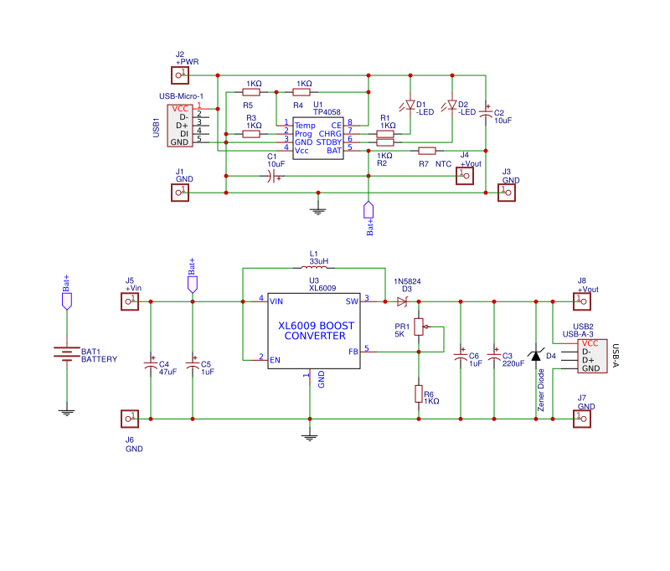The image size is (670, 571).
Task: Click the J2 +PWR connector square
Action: pyautogui.click(x=179, y=75)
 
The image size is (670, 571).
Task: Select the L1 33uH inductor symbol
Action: pyautogui.click(x=313, y=268)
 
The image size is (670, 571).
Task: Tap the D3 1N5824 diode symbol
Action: pyautogui.click(x=402, y=301)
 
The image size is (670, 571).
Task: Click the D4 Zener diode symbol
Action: pyautogui.click(x=536, y=357)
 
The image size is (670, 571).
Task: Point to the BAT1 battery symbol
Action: pyautogui.click(x=67, y=352)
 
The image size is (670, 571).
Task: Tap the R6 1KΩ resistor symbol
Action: pyautogui.click(x=419, y=394)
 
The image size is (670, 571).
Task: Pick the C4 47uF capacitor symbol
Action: pyautogui.click(x=151, y=365)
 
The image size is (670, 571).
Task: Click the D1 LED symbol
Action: pyautogui.click(x=410, y=105)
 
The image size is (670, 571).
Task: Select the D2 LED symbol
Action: pyautogui.click(x=452, y=105)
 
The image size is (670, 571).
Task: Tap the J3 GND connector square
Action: pyautogui.click(x=506, y=193)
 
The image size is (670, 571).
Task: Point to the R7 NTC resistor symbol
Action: pyautogui.click(x=427, y=151)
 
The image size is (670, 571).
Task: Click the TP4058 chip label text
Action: pyautogui.click(x=327, y=111)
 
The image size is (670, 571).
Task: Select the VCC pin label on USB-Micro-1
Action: pyautogui.click(x=180, y=109)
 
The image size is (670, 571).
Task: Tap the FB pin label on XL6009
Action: pyautogui.click(x=353, y=352)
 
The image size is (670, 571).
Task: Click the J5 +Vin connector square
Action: pyautogui.click(x=129, y=301)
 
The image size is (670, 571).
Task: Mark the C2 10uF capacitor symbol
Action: pyautogui.click(x=486, y=114)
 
